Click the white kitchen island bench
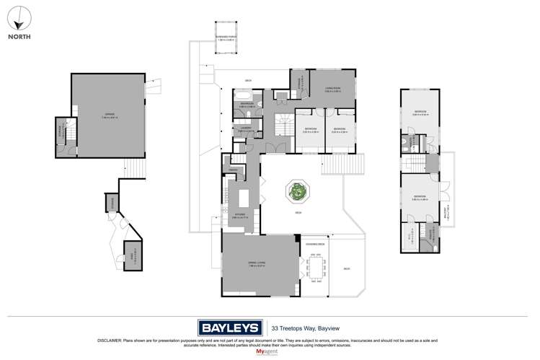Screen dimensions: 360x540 point(244,196)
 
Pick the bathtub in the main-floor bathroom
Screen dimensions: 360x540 point(242,95)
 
